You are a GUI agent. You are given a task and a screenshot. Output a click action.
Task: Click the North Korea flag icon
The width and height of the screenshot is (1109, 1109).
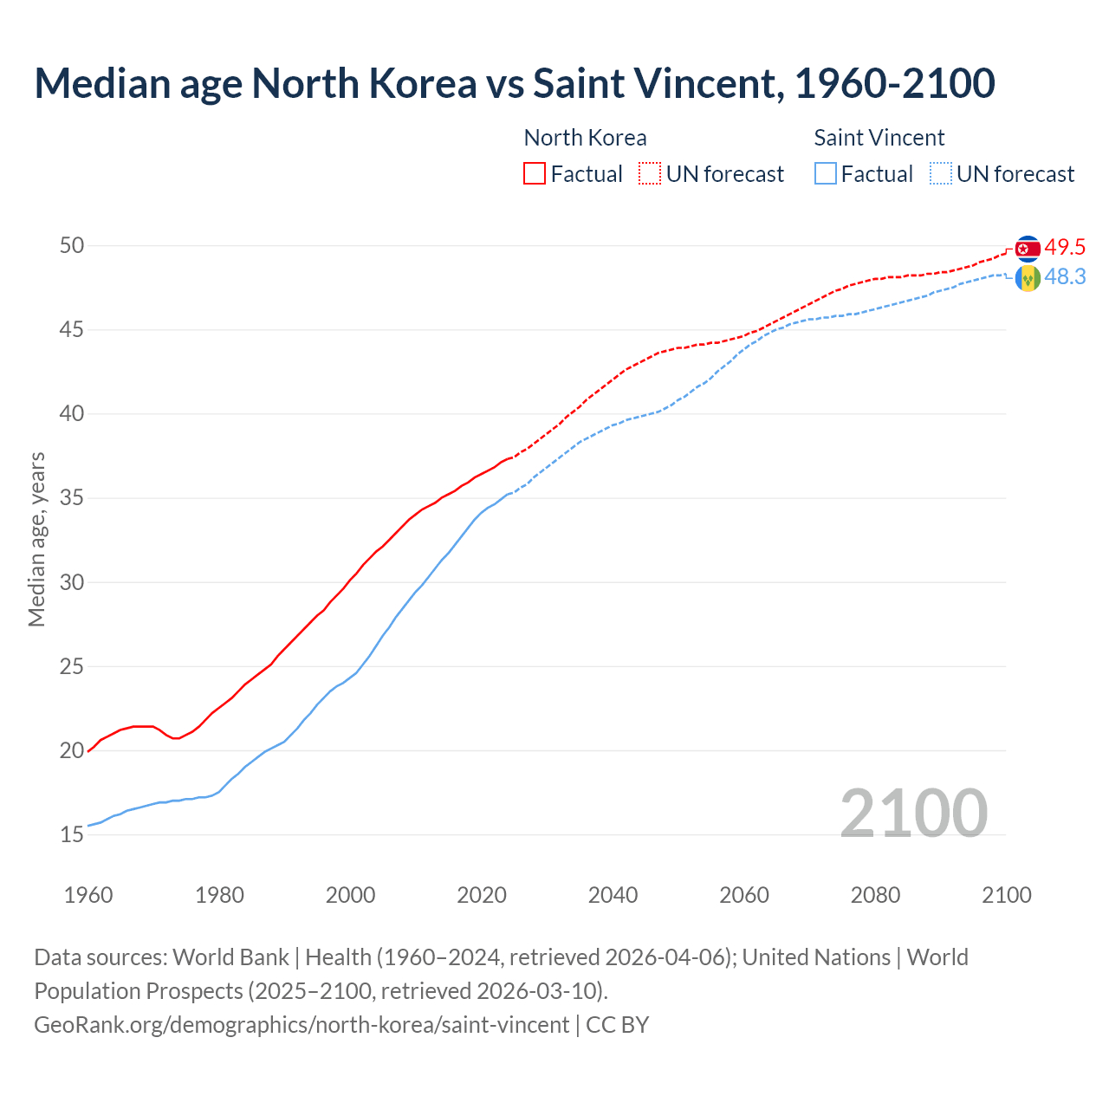(x=1028, y=249)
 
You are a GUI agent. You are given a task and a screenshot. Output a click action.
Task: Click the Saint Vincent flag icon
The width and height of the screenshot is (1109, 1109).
(x=1028, y=278)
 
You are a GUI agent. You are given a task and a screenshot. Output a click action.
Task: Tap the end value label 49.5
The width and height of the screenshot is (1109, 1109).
(x=1065, y=248)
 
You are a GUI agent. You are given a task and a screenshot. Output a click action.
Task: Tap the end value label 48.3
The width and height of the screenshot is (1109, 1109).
(x=1065, y=277)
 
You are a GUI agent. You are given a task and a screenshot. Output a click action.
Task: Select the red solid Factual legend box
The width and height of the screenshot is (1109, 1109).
(x=535, y=174)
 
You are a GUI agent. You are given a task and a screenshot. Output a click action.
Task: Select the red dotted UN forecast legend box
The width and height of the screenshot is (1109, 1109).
(x=650, y=174)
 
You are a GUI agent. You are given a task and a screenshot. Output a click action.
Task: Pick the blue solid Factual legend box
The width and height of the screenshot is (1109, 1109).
(x=826, y=174)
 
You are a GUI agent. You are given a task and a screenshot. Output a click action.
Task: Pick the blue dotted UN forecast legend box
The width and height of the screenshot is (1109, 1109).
(x=941, y=174)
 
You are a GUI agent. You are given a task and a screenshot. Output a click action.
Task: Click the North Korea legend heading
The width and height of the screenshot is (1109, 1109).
(x=585, y=138)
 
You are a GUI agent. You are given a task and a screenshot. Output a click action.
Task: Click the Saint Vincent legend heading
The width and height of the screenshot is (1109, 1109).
(x=879, y=138)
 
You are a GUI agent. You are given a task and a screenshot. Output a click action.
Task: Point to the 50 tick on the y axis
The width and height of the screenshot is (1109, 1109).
(x=72, y=246)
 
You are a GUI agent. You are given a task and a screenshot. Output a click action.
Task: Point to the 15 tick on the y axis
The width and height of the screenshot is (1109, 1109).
(x=72, y=835)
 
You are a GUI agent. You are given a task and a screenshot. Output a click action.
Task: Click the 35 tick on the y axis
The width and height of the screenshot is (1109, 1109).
(x=72, y=498)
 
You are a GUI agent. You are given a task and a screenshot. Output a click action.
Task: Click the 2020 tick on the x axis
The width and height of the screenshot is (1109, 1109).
(x=482, y=895)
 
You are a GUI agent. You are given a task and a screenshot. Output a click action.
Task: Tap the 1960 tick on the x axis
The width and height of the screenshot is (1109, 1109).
(x=88, y=895)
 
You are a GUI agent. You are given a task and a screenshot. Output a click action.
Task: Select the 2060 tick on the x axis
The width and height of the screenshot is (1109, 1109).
(x=744, y=895)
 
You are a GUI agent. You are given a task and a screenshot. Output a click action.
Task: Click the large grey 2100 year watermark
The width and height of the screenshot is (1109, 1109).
(x=914, y=813)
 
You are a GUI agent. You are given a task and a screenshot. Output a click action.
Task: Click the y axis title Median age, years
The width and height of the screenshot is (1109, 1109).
(x=36, y=539)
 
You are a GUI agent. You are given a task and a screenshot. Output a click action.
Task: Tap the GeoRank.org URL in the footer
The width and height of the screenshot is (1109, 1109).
(x=302, y=1025)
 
